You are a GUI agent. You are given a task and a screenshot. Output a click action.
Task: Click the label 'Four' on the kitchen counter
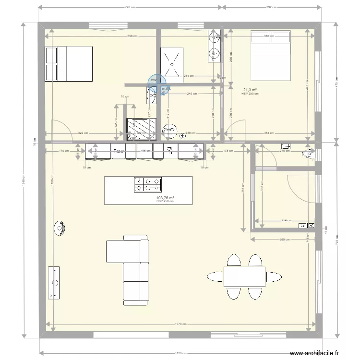pos(118,152)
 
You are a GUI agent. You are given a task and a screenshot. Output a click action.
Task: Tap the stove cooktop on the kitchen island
pos(147,184)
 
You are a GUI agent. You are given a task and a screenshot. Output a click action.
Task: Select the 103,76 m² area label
pos(165,198)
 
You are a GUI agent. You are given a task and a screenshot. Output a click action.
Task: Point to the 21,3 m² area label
pos(250,90)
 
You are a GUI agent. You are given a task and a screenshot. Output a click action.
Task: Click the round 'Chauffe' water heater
pos(169,131)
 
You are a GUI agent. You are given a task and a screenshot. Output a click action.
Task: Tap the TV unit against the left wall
pos(54,282)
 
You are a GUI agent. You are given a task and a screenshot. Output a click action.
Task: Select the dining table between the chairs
pos(244,276)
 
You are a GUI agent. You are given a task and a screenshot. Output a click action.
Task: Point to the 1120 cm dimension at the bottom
pos(181,353)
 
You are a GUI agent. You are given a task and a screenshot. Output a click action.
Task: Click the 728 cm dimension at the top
pos(130,7)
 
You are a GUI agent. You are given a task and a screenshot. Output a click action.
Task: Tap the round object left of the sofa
pos(60,228)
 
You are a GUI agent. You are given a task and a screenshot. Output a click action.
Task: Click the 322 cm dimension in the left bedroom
pos(83,133)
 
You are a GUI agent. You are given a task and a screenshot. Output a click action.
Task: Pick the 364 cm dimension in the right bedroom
pos(269,133)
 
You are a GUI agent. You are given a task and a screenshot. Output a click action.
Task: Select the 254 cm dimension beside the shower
pos(188,75)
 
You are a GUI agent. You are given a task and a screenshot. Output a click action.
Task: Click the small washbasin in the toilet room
pos(287,145)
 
